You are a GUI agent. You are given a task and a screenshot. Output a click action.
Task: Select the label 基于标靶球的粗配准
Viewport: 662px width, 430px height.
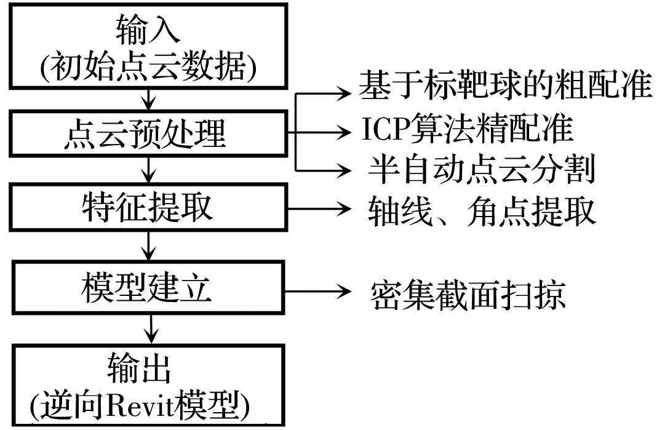tap(504, 86)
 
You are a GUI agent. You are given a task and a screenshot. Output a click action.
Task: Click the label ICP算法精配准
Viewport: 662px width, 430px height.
tap(468, 130)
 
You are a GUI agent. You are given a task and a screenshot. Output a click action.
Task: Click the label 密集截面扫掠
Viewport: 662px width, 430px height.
tap(468, 295)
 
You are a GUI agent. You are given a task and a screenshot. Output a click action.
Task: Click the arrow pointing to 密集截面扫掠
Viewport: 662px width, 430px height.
tap(320, 289)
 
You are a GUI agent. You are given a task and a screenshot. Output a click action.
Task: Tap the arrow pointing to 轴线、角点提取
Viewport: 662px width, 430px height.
tap(320, 208)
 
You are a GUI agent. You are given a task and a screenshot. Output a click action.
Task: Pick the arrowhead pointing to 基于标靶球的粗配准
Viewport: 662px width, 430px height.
tap(345, 94)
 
